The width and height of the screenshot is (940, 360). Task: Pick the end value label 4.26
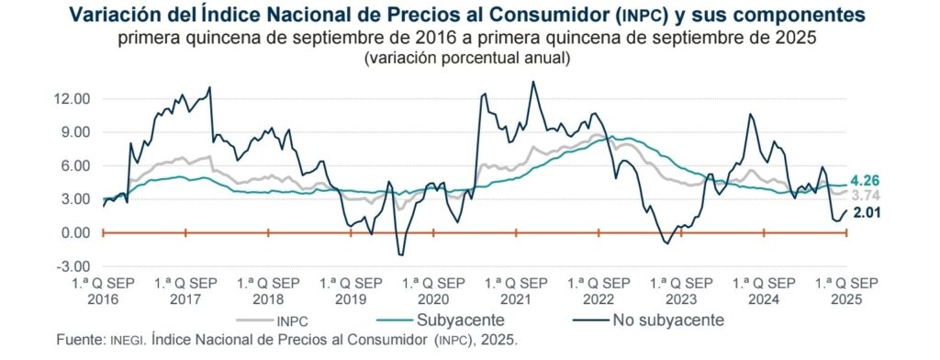click(866, 181)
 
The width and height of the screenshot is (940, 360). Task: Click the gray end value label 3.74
click(866, 196)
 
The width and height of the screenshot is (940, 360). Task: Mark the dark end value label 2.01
click(866, 212)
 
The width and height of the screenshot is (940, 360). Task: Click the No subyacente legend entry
click(648, 320)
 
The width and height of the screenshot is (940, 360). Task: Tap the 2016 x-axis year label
click(103, 299)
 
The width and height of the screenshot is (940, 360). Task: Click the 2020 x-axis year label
click(433, 299)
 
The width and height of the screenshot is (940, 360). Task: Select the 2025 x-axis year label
click(846, 299)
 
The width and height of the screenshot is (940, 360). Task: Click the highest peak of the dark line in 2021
click(532, 82)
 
